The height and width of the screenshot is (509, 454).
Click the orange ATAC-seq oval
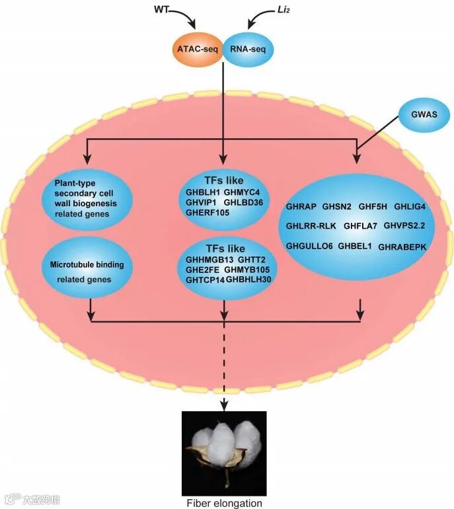[x=197, y=49]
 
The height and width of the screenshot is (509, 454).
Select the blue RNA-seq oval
[x=247, y=49]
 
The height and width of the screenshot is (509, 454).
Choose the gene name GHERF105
[x=207, y=212]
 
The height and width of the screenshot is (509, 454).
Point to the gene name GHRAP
[x=301, y=207]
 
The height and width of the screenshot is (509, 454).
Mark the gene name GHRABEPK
[x=402, y=247]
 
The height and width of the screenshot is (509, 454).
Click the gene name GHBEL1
[x=356, y=246]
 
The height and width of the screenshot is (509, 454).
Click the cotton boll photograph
[x=223, y=453]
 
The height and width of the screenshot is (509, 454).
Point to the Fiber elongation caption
[x=223, y=503]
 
